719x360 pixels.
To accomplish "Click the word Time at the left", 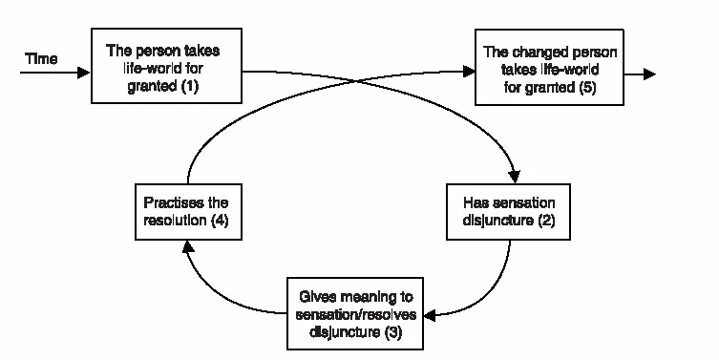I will [x=41, y=60].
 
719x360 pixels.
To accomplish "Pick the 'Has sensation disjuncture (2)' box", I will [x=509, y=212].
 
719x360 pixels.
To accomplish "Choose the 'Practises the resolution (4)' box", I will [x=186, y=212].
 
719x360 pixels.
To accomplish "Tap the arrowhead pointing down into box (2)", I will [x=517, y=177].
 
